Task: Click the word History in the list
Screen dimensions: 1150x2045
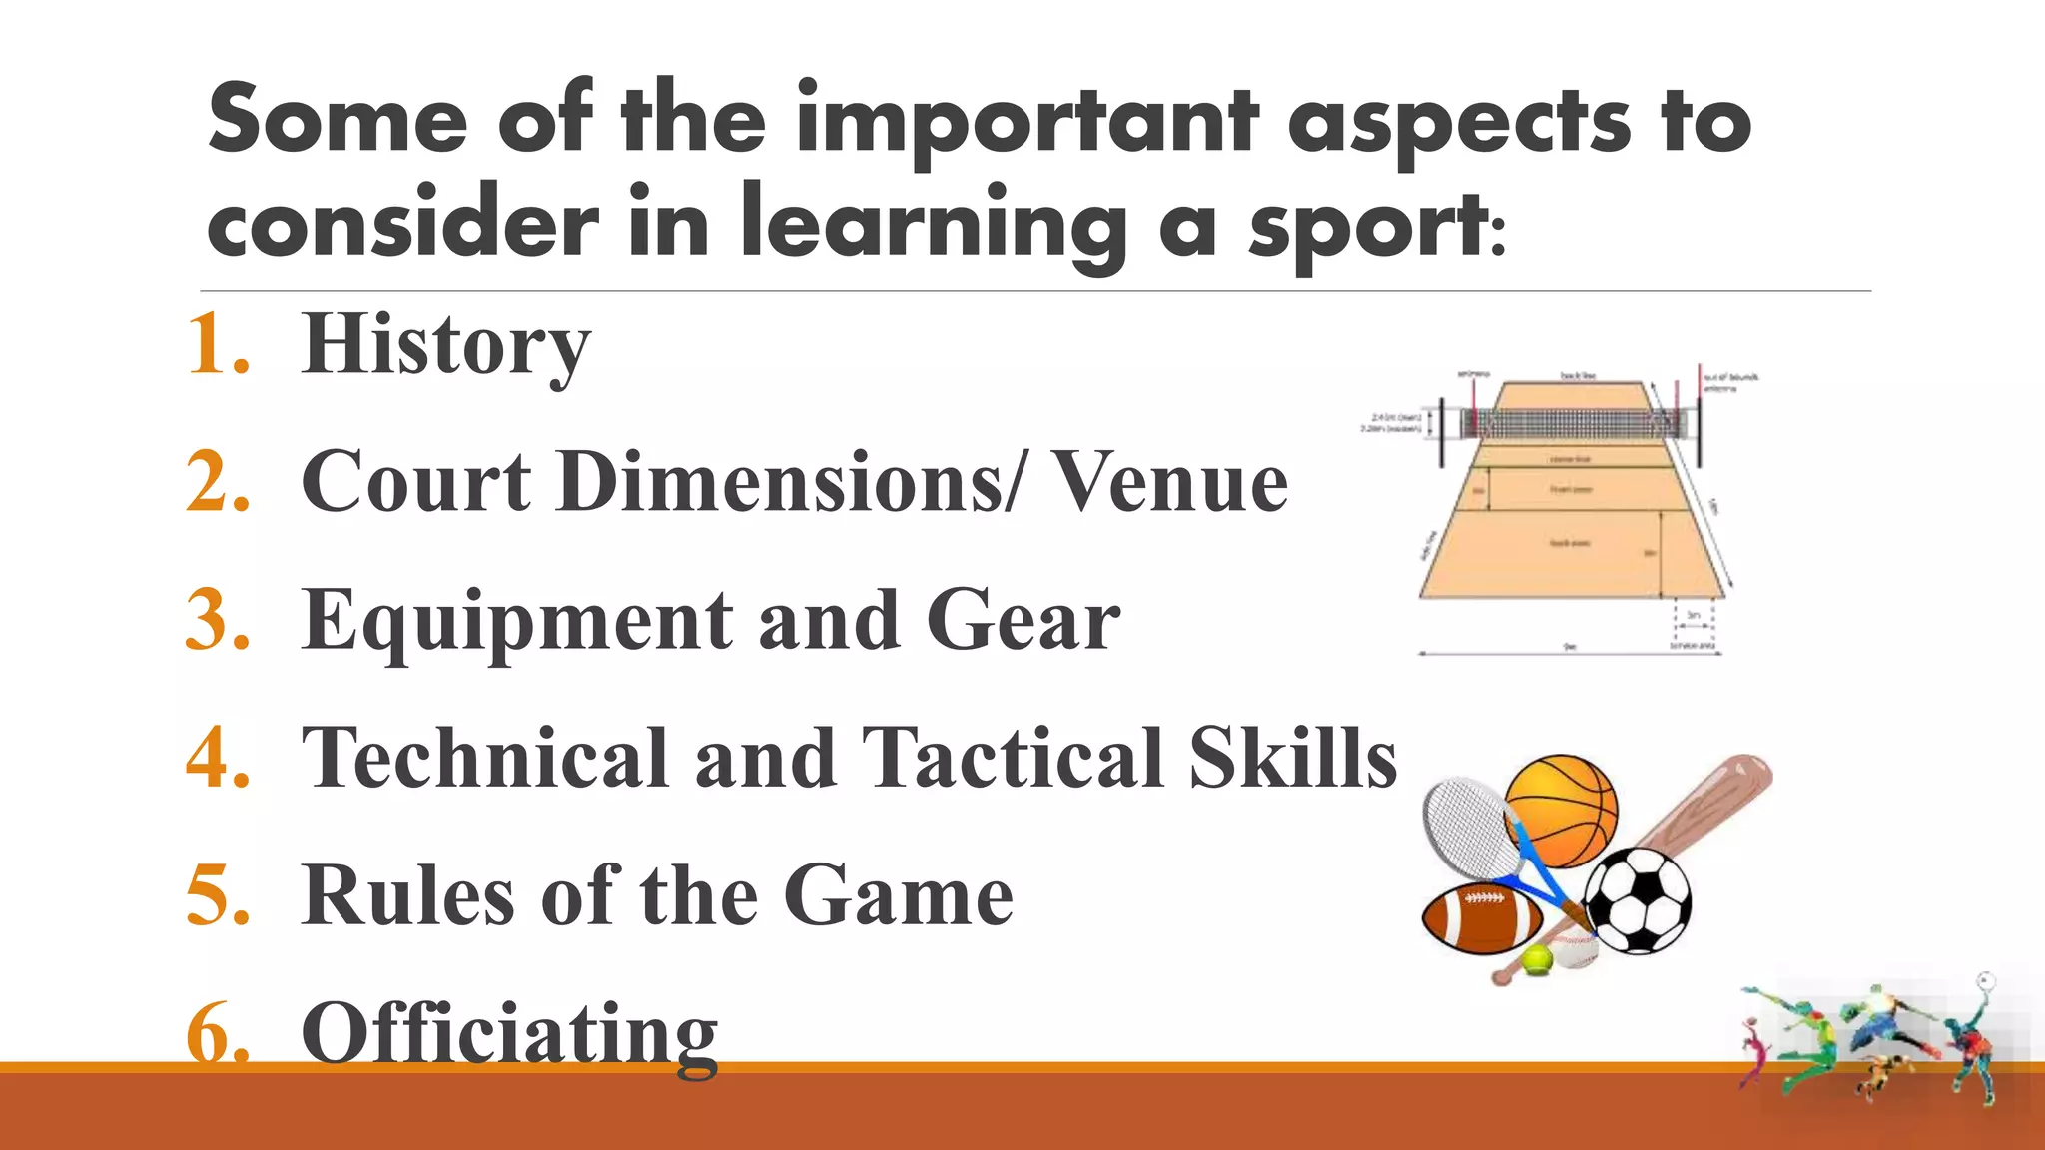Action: point(445,345)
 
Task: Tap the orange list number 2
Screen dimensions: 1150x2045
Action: point(217,482)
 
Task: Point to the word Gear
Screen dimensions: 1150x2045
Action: point(1022,621)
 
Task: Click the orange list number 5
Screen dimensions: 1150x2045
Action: point(217,895)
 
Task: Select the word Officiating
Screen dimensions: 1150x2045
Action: point(509,1034)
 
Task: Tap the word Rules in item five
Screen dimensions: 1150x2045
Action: point(408,895)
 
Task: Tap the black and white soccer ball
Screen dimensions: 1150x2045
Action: point(1638,900)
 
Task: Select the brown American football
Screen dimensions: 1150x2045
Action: point(1481,918)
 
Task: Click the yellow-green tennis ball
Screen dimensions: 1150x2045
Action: point(1537,960)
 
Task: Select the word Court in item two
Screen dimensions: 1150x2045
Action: point(416,482)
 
